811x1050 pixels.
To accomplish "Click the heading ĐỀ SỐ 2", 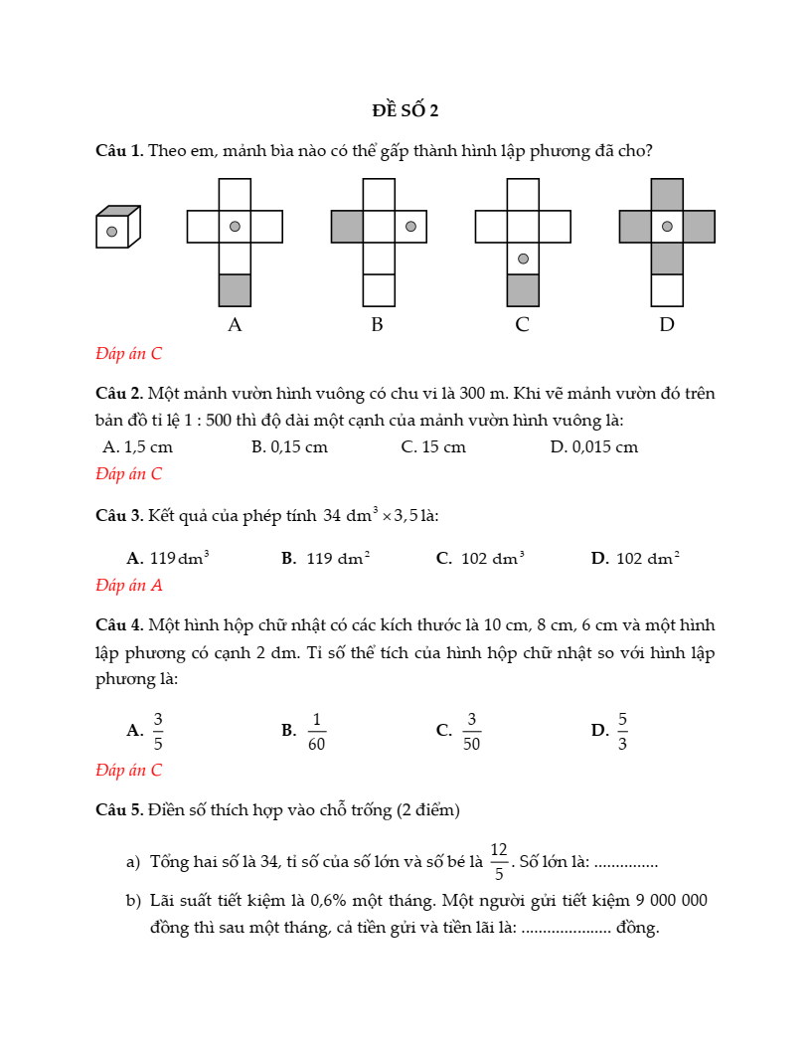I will coord(405,109).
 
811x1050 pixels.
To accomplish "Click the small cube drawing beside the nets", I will coord(117,227).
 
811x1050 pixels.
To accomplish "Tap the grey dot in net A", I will coord(235,227).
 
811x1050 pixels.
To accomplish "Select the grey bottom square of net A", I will coord(235,289).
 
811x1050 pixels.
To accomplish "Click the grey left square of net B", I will coord(347,227).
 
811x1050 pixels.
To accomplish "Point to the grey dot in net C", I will coord(523,259).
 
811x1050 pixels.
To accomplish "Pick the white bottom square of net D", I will coord(667,289).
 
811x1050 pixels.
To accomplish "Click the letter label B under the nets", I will coord(377,324).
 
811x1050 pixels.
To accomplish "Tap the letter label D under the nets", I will coord(667,324).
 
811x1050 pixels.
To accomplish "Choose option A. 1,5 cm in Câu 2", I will coord(138,447).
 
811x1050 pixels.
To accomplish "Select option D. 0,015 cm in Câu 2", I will coord(593,447).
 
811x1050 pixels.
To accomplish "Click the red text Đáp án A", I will coord(128,586).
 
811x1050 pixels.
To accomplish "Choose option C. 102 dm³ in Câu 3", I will coord(480,559).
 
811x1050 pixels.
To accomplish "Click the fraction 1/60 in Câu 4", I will coord(316,731).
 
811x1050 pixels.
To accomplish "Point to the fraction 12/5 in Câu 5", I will coord(499,861).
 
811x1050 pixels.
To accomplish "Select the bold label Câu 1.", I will coord(119,151).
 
